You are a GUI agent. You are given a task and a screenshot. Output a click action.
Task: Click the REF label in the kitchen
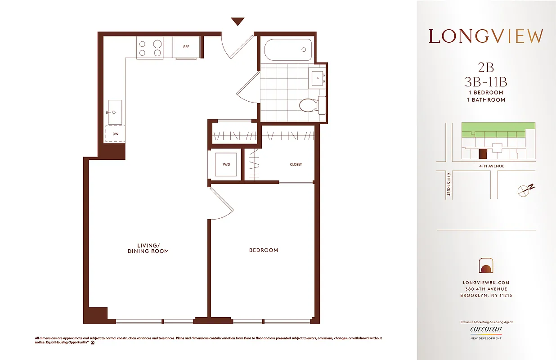(186, 47)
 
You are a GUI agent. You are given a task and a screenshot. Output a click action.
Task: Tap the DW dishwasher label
(115, 134)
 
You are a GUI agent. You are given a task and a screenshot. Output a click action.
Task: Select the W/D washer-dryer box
(226, 164)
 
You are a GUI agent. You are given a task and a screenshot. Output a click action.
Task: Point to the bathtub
(287, 50)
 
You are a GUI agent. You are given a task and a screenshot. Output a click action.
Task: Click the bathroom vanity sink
(318, 78)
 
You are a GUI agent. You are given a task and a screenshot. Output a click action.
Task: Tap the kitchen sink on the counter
(115, 112)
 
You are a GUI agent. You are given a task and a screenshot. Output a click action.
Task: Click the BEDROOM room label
(264, 250)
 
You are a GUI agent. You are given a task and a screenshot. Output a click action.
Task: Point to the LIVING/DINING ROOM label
(148, 248)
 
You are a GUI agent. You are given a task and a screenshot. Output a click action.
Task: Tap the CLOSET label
(296, 165)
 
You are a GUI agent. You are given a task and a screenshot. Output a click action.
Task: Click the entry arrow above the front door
(237, 21)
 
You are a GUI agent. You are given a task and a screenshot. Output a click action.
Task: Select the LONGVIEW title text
(486, 36)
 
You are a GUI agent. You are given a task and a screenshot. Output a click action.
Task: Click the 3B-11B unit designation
(486, 82)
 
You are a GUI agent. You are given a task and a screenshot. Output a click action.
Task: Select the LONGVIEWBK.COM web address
(486, 283)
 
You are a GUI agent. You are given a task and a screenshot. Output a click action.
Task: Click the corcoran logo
(486, 329)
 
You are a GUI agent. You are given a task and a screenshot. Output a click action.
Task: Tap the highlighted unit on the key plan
(482, 154)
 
